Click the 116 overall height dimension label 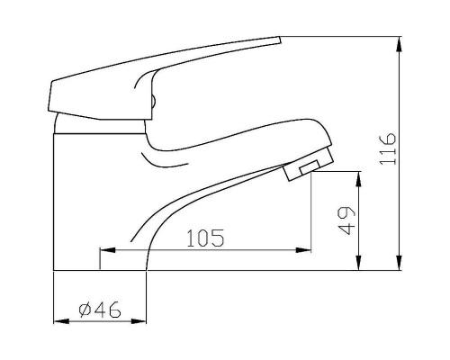388,148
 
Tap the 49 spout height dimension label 346,220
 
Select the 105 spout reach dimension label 205,238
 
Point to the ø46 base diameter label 100,310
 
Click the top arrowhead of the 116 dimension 399,44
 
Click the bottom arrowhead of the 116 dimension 399,263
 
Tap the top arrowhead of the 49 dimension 358,179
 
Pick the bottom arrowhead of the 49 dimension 358,263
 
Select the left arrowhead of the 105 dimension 107,250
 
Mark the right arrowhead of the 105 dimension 303,250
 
